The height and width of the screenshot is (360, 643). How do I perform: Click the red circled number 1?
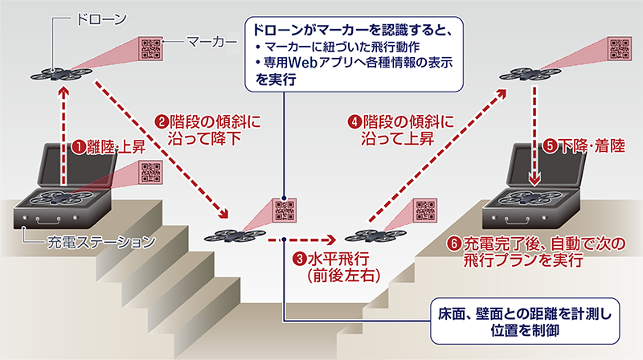[79, 148]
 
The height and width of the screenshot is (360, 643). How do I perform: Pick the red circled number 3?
[298, 259]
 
